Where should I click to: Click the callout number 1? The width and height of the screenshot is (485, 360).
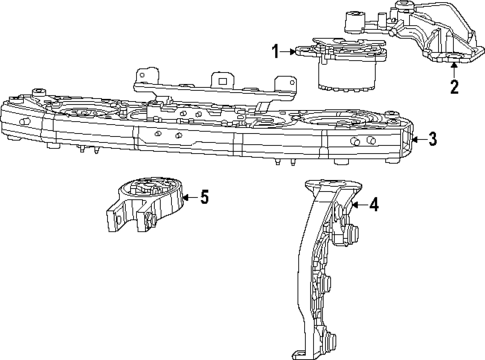[x=276, y=49]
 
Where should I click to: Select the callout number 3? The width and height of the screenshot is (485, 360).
[x=432, y=139]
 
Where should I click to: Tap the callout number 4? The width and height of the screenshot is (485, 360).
[x=374, y=206]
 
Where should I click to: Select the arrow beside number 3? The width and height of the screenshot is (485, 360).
[x=416, y=139]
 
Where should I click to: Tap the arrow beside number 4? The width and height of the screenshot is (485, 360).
[x=359, y=206]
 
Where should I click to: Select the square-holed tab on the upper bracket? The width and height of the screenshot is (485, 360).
[x=217, y=80]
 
